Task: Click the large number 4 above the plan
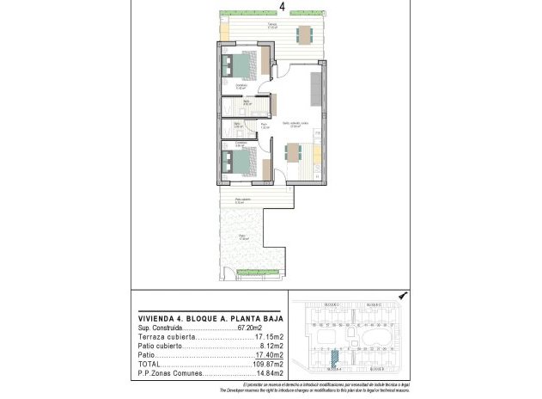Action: (283, 7)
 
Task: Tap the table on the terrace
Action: (305, 34)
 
